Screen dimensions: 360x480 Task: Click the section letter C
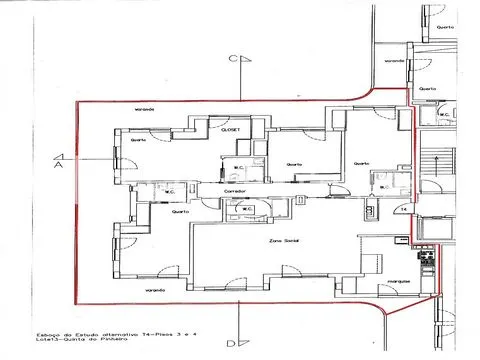(x=232, y=60)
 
